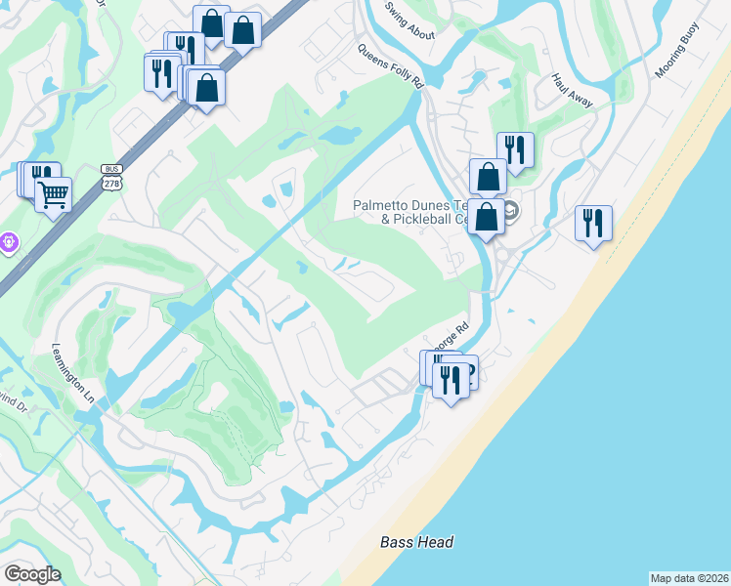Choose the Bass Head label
417,542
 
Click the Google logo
32,574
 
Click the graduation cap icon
510,211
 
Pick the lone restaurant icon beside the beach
593,223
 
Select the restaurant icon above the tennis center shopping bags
515,149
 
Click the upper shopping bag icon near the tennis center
488,177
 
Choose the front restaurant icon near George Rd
450,377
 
